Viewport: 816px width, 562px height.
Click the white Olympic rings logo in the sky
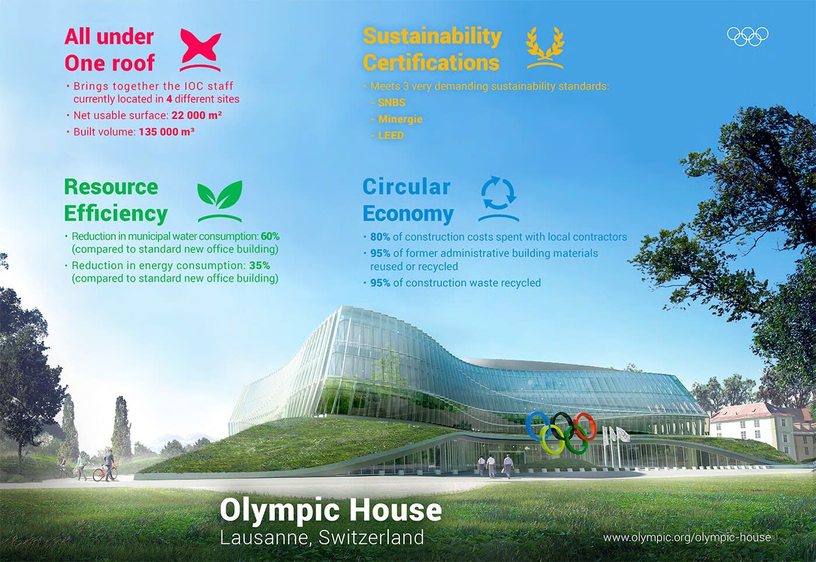click(x=747, y=36)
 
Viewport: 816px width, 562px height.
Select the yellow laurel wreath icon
click(x=545, y=47)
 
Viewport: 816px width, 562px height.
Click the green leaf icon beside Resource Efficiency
click(x=220, y=199)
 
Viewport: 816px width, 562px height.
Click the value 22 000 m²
click(x=196, y=115)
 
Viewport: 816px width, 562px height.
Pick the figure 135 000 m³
click(x=166, y=132)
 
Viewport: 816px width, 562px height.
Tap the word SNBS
click(x=392, y=103)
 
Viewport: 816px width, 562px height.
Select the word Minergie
click(x=400, y=119)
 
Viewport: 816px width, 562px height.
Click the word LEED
click(x=391, y=135)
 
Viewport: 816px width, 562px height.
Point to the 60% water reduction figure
click(x=270, y=236)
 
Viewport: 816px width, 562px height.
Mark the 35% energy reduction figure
click(x=259, y=265)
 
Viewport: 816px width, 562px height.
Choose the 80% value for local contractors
click(x=380, y=237)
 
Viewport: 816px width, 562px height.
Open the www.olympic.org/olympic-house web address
click(x=687, y=537)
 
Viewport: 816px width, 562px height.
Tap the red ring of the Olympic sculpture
click(x=584, y=426)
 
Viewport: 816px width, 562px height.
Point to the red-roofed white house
click(x=752, y=428)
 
